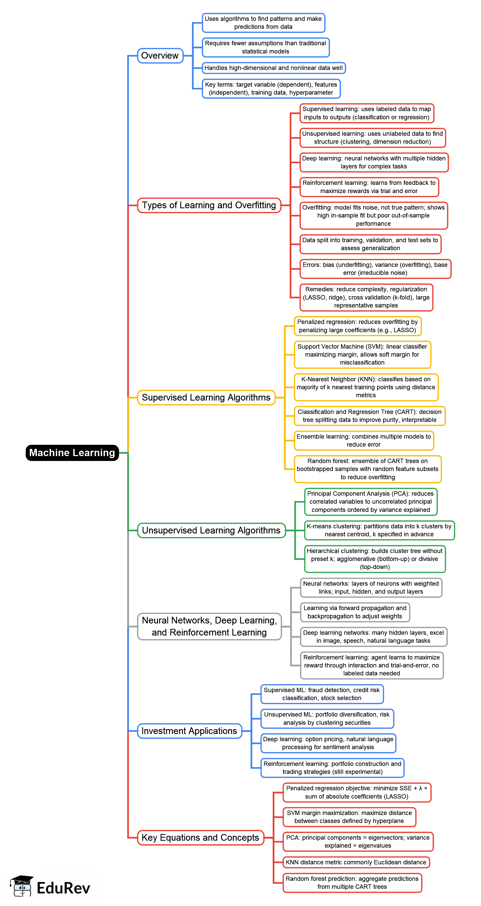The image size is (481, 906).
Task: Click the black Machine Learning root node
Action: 72,453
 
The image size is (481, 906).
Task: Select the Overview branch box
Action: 160,56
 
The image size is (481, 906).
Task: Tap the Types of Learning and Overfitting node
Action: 209,205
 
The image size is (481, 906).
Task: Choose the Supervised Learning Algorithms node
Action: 206,397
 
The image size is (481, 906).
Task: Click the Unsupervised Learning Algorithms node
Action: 211,530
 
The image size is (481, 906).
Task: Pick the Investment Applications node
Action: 189,731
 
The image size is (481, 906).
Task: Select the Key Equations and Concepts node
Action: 200,837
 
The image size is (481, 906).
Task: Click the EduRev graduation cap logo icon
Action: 22,886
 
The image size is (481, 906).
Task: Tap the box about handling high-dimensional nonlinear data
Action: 274,68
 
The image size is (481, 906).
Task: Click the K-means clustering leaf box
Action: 379,530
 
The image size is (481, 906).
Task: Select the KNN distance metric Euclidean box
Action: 356,862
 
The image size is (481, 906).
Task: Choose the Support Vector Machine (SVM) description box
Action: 362,355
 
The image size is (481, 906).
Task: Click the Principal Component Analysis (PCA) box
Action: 371,502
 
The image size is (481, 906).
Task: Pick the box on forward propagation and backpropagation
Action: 355,612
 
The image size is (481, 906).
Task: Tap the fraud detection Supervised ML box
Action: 322,694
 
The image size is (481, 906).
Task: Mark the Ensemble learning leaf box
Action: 364,440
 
